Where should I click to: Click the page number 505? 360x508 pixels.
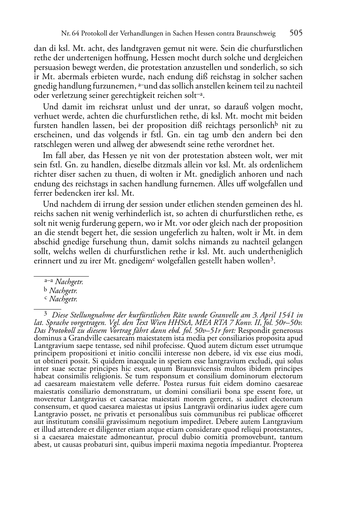pyautogui.click(x=296, y=33)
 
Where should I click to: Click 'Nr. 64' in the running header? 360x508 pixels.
pyautogui.click(x=70, y=34)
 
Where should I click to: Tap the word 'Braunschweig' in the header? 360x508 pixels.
pyautogui.click(x=256, y=34)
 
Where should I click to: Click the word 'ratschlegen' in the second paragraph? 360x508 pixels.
pyautogui.click(x=52, y=145)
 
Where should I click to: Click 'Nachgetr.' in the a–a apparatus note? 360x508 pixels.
pyautogui.click(x=69, y=282)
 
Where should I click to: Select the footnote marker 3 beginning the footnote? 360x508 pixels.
pyautogui.click(x=46, y=314)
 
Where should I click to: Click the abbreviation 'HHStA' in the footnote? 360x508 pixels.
pyautogui.click(x=175, y=323)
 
